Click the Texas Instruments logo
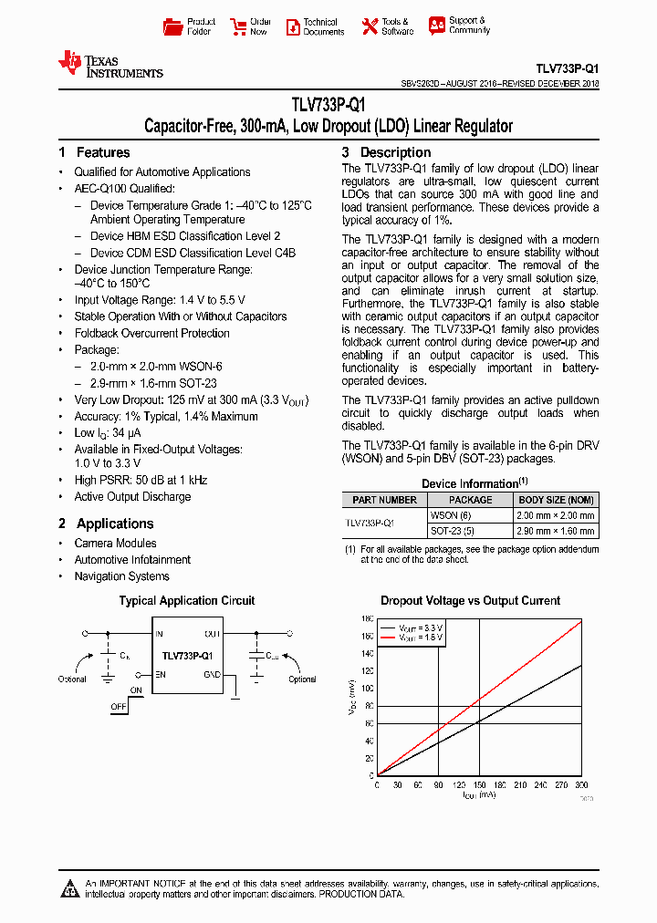pos(109,65)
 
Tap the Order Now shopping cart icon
pos(239,26)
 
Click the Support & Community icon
pos(438,26)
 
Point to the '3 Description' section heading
pos(386,152)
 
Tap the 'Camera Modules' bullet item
pos(115,544)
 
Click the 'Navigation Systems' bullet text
pos(121,576)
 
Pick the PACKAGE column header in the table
pos(471,500)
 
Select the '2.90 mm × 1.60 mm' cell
pos(556,530)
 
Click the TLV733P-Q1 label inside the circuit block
pos(187,656)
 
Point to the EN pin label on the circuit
pos(161,675)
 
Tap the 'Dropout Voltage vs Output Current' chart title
pos(470,601)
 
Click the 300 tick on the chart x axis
pos(581,784)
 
